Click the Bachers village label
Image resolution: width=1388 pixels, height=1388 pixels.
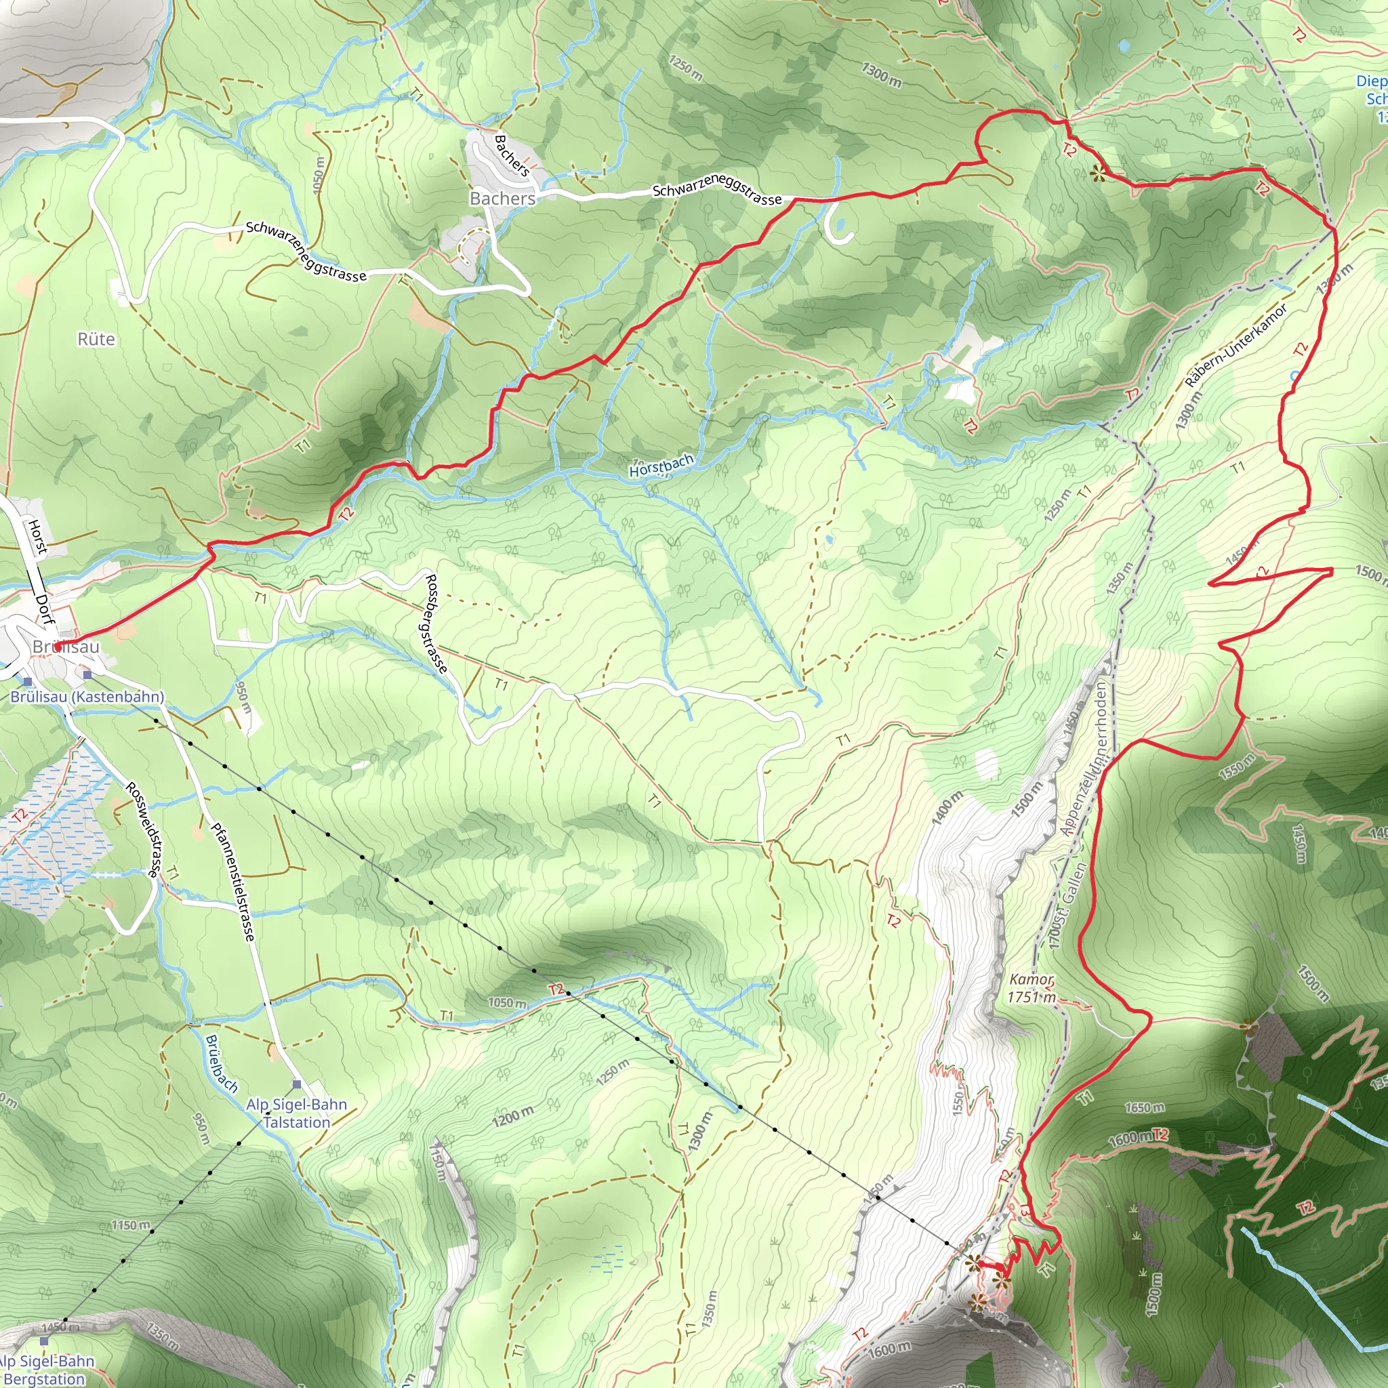pyautogui.click(x=502, y=199)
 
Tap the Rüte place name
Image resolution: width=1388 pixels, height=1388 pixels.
pyautogui.click(x=96, y=339)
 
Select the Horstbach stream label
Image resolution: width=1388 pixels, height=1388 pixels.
pyautogui.click(x=661, y=466)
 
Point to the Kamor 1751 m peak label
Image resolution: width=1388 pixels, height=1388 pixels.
pyautogui.click(x=1031, y=988)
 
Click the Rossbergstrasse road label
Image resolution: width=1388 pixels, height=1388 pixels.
pyautogui.click(x=436, y=623)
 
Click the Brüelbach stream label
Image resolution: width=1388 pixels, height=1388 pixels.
pyautogui.click(x=221, y=1063)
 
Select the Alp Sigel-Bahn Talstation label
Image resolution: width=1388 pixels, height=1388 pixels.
pyautogui.click(x=296, y=1113)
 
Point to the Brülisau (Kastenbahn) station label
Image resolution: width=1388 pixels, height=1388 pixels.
pyautogui.click(x=87, y=696)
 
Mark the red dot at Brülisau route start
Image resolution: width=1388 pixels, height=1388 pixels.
pyautogui.click(x=57, y=647)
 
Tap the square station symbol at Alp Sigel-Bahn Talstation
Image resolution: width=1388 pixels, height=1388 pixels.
pyautogui.click(x=297, y=1084)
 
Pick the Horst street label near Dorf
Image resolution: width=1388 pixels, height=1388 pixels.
pyautogui.click(x=37, y=537)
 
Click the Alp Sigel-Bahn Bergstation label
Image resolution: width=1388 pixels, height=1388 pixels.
pyautogui.click(x=45, y=1369)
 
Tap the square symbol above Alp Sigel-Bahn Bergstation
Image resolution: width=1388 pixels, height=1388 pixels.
pyautogui.click(x=45, y=1341)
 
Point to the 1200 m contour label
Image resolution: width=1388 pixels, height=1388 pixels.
pyautogui.click(x=513, y=1117)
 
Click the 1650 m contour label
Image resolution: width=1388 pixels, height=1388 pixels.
pyautogui.click(x=1145, y=1108)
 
